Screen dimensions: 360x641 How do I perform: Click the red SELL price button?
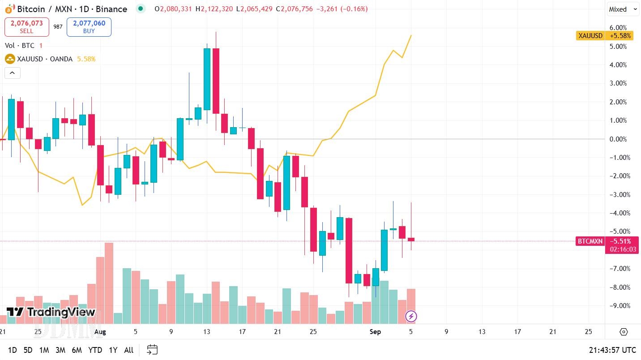tap(27, 27)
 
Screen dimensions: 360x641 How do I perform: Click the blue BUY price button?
tap(89, 27)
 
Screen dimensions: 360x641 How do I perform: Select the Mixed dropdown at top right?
tap(622, 9)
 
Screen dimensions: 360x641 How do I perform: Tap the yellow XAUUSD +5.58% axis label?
tap(604, 35)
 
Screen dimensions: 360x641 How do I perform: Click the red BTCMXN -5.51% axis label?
tap(607, 241)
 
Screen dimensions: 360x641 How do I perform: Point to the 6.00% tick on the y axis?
tap(618, 27)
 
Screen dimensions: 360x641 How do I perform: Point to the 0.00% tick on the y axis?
tap(618, 139)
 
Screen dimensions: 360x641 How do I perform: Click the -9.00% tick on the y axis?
tap(618, 306)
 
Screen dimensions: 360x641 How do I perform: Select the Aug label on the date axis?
tap(100, 332)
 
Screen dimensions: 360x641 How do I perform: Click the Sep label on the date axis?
tap(375, 332)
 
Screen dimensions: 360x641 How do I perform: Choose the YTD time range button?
tap(95, 350)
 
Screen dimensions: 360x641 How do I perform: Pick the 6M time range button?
tap(77, 350)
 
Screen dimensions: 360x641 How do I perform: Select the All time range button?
tap(128, 350)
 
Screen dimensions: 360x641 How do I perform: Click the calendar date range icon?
tap(152, 350)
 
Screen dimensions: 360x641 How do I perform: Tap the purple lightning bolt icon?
tap(411, 317)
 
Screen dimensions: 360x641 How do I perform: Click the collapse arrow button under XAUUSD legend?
tap(12, 73)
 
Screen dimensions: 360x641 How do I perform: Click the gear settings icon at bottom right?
tap(624, 332)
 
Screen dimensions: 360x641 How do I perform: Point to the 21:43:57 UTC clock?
tap(612, 350)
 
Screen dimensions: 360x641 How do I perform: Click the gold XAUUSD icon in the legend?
tap(10, 59)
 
